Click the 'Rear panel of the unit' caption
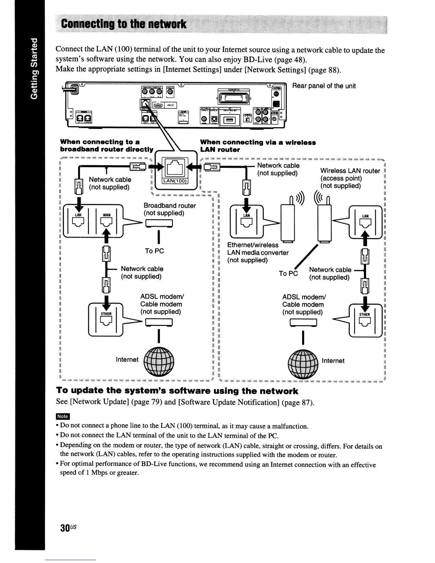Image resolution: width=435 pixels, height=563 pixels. (324, 86)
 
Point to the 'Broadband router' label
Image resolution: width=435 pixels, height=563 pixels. (170, 205)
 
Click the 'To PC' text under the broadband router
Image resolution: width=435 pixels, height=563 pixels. (155, 251)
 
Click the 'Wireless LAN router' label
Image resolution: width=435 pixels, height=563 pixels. (350, 171)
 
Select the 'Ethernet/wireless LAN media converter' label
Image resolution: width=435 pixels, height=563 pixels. (258, 252)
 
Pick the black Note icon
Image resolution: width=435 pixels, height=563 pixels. (63, 416)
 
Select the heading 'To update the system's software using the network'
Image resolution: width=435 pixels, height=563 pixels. (177, 391)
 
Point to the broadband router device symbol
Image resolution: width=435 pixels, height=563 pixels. (159, 223)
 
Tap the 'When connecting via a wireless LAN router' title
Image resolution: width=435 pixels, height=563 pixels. (258, 146)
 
